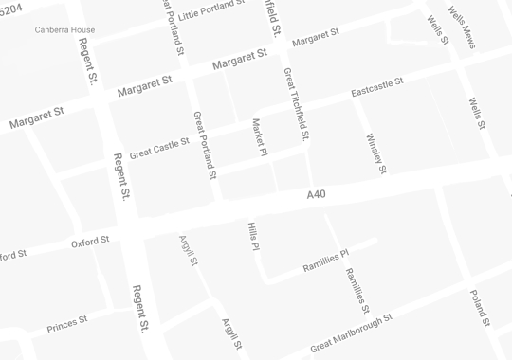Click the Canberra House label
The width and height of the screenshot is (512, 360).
tap(64, 29)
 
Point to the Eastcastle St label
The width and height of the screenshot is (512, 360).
tap(376, 87)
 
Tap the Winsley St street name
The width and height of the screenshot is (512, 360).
tap(375, 153)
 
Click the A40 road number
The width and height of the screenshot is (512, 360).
tap(316, 194)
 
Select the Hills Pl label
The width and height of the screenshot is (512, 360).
tap(253, 237)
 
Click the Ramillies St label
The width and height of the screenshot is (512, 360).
tap(357, 291)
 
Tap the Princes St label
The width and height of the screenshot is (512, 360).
tap(66, 323)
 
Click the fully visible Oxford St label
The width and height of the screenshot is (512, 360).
tap(91, 243)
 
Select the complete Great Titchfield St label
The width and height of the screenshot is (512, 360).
tap(296, 104)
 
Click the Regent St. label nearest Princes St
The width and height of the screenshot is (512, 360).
tap(139, 308)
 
